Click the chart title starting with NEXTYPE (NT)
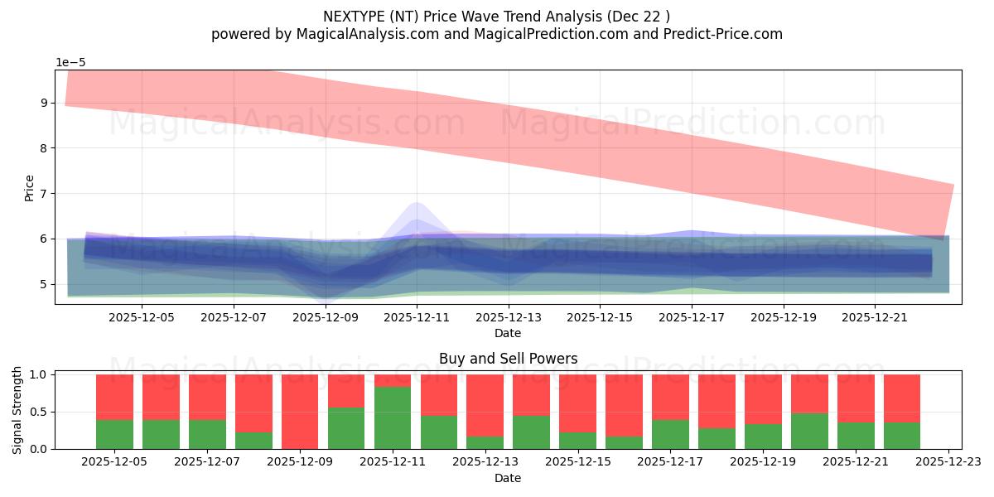pos(496,16)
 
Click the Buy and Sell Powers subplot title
pos(508,359)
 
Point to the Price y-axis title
pos(30,187)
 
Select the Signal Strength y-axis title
pos(18,410)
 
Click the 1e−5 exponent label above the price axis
pos(70,63)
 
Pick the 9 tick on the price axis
pos(45,104)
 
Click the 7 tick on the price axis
pos(45,194)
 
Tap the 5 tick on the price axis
pos(45,284)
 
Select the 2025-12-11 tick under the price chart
pos(417,316)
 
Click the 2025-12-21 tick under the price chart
pos(875,316)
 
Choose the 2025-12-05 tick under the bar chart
pos(114,461)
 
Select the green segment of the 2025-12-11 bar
pos(393,418)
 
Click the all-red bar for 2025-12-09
pos(300,411)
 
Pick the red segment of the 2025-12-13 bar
pos(485,405)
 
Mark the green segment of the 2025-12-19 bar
pos(763,437)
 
